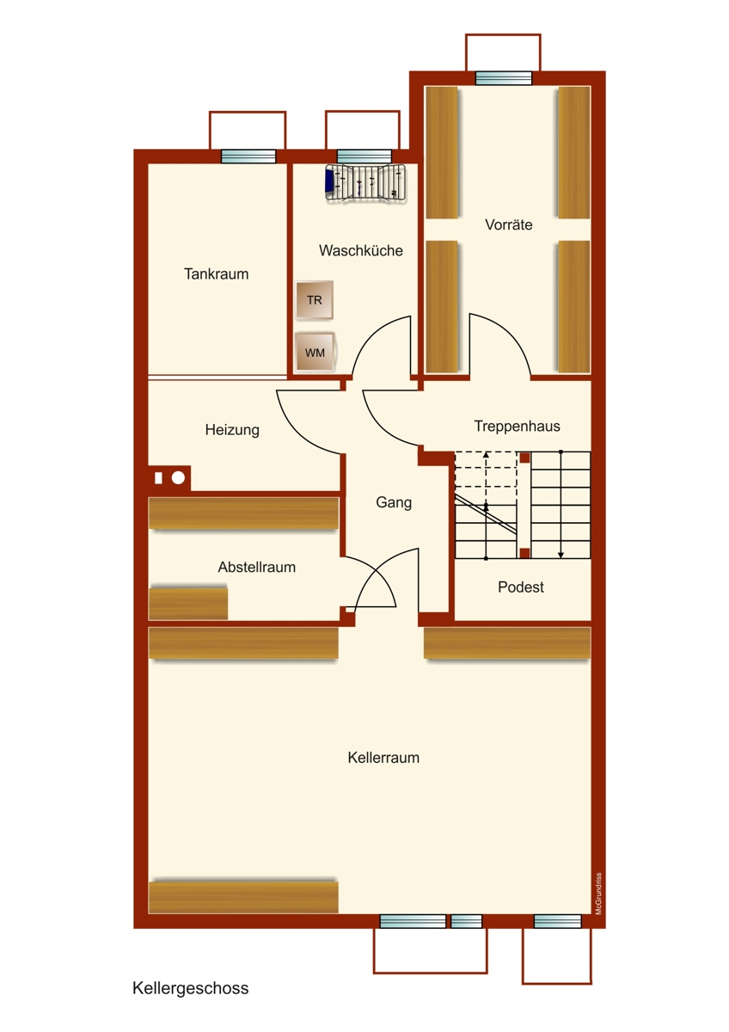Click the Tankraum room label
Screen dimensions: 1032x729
click(216, 274)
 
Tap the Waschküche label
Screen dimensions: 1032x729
click(361, 251)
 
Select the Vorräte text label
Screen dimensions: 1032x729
click(508, 225)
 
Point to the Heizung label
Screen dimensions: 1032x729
click(232, 430)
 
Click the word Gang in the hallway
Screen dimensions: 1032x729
click(394, 503)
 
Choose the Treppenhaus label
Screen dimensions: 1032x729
click(517, 427)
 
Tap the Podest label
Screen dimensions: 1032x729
click(521, 587)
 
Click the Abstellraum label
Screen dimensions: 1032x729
click(256, 568)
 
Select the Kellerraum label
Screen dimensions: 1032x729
click(383, 759)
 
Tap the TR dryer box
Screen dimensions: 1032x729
click(314, 300)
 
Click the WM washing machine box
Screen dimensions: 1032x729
click(314, 352)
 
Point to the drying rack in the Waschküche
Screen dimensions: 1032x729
click(365, 182)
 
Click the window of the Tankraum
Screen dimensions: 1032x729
click(248, 157)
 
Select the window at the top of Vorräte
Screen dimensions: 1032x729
click(504, 78)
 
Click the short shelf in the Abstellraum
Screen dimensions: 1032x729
click(188, 603)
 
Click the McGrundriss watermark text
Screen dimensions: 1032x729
click(598, 894)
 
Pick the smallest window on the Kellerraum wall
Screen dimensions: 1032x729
click(467, 922)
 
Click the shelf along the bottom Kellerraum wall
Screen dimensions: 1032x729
click(243, 897)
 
